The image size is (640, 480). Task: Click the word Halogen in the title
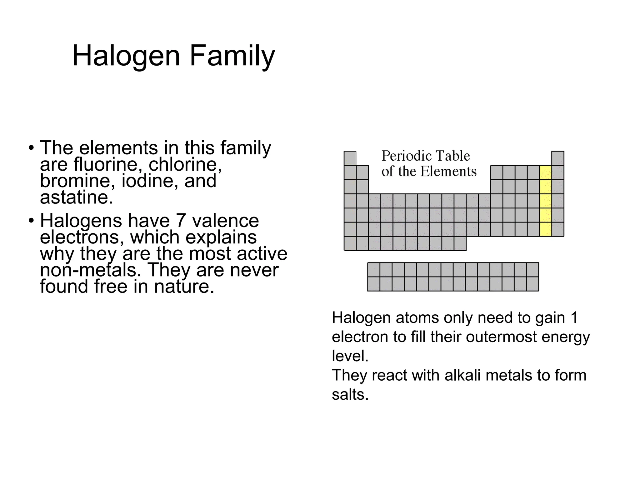(126, 56)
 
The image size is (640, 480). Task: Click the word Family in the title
(232, 56)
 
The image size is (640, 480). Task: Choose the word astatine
(76, 197)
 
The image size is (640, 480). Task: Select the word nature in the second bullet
(184, 287)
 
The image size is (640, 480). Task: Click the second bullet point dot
(31, 221)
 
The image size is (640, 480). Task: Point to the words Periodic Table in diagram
(426, 156)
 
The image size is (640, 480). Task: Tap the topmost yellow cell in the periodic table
(545, 172)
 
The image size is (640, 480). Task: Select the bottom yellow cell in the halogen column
(545, 229)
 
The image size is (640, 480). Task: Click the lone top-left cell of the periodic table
(350, 158)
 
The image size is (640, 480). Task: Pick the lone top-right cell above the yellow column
(558, 158)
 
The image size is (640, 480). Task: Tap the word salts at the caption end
(350, 394)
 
